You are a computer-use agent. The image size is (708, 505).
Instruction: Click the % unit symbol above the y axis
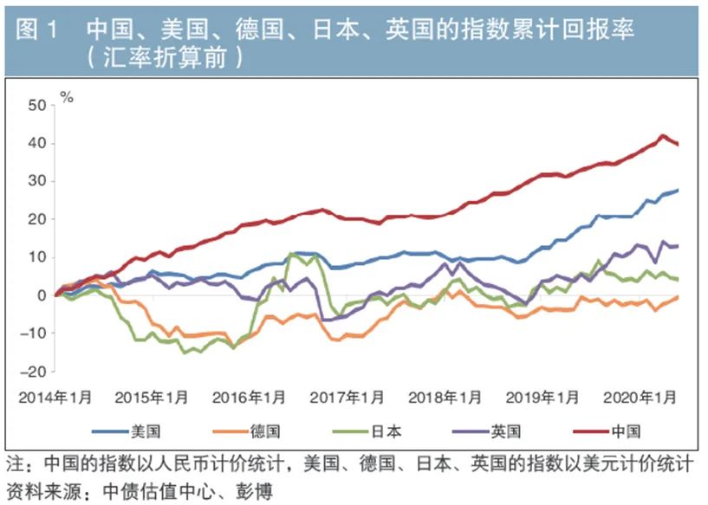pos(67,97)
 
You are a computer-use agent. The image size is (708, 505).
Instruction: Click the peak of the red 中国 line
pos(663,135)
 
